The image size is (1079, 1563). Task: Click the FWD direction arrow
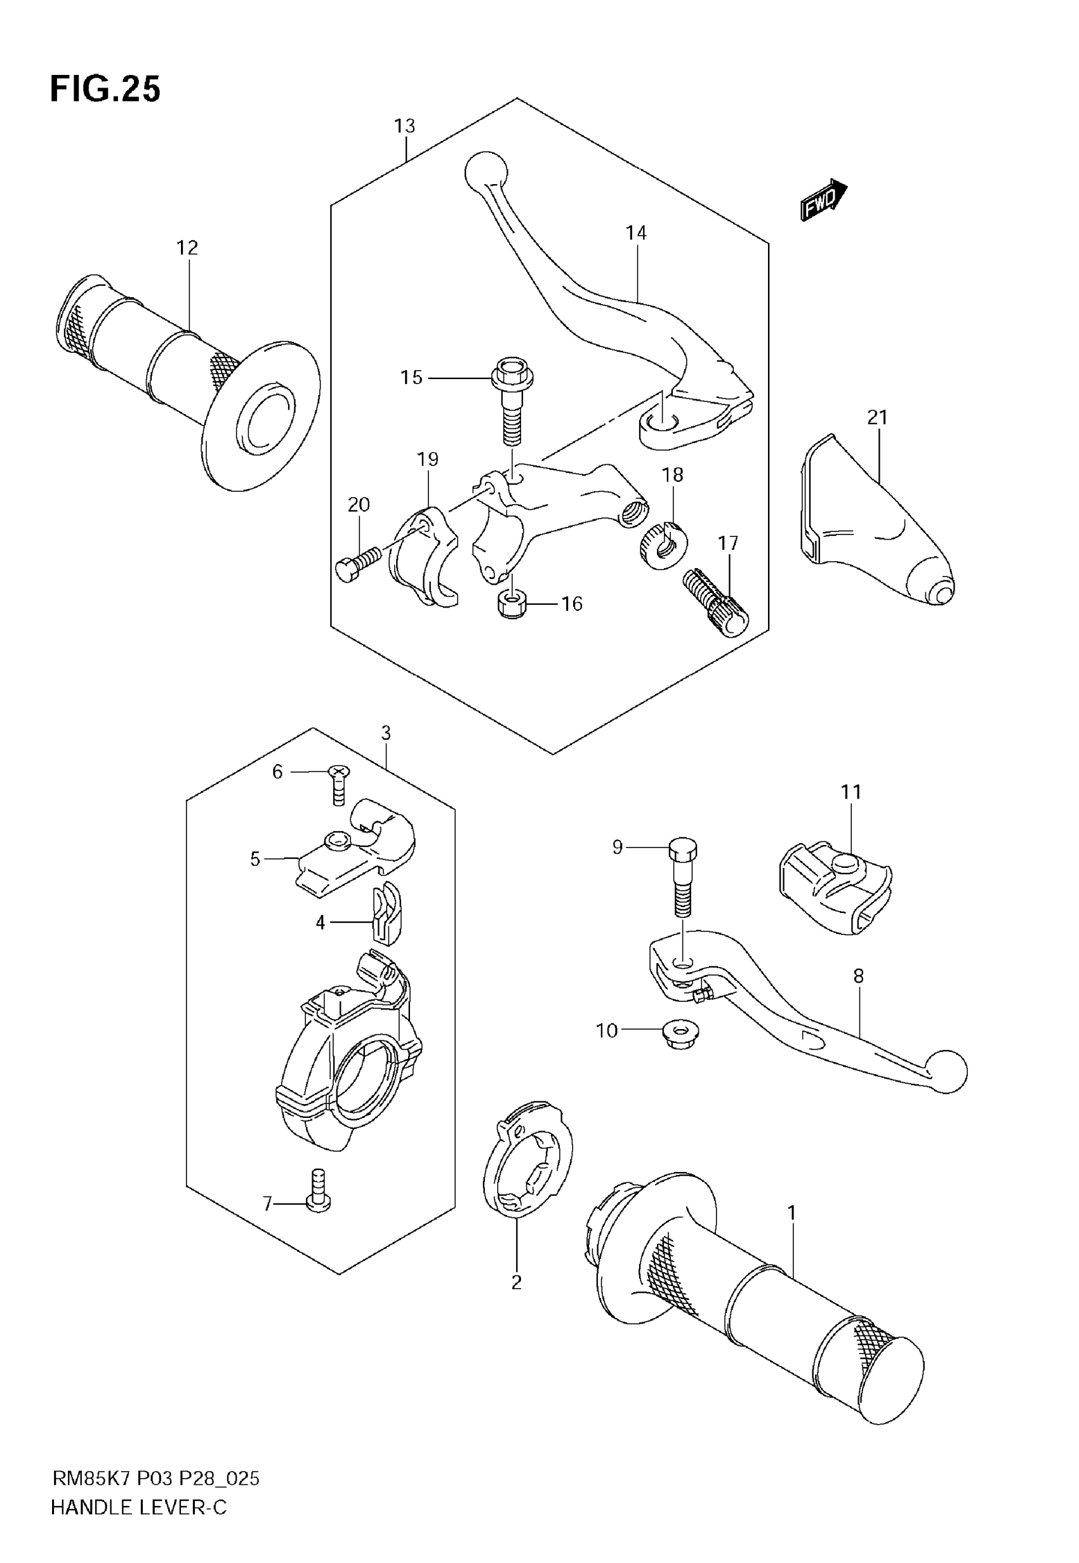point(823,200)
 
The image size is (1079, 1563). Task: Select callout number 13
point(404,126)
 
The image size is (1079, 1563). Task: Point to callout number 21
point(877,418)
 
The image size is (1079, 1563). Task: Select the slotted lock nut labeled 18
point(663,545)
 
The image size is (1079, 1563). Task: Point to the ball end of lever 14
point(486,173)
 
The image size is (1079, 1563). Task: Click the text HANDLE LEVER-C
point(138,1508)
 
